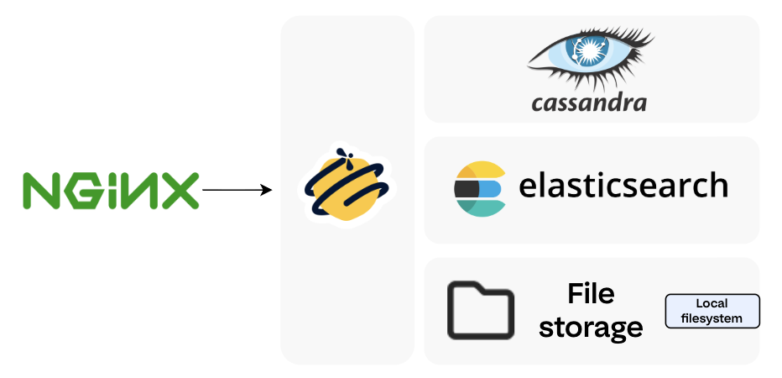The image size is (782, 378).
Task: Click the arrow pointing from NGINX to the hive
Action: click(x=235, y=190)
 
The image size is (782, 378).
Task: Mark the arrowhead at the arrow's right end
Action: click(x=268, y=190)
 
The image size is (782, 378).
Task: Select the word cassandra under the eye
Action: click(x=589, y=102)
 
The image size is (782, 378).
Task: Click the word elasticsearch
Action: click(x=623, y=185)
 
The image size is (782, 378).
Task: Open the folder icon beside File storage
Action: click(x=480, y=311)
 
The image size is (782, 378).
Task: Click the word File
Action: click(x=591, y=294)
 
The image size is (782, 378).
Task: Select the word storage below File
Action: click(x=591, y=327)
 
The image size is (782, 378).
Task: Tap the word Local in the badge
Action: click(x=712, y=303)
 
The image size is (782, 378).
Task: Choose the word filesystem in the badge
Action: click(x=712, y=318)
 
